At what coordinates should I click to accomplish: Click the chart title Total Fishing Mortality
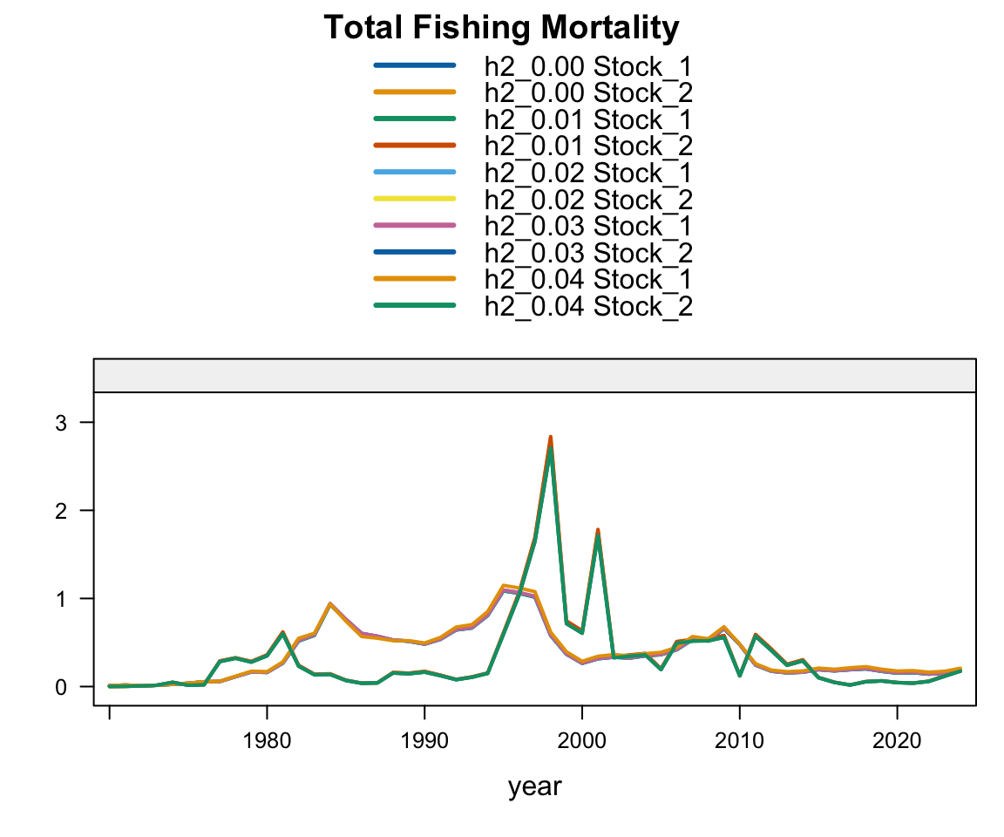pyautogui.click(x=501, y=28)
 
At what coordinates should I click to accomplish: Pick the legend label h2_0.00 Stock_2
pyautogui.click(x=588, y=92)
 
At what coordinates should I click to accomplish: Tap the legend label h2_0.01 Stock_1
pyautogui.click(x=588, y=119)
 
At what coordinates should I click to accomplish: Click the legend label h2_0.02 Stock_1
pyautogui.click(x=588, y=172)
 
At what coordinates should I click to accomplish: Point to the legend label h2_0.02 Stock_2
pyautogui.click(x=588, y=199)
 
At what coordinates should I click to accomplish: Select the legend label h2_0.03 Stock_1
pyautogui.click(x=588, y=226)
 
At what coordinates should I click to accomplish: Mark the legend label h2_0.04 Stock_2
pyautogui.click(x=588, y=306)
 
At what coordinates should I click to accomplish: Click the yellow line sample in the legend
pyautogui.click(x=414, y=199)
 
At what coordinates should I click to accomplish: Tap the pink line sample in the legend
pyautogui.click(x=414, y=226)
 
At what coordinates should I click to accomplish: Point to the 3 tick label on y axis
pyautogui.click(x=62, y=422)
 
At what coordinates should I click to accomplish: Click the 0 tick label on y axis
pyautogui.click(x=62, y=687)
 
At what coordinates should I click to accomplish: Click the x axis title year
pyautogui.click(x=535, y=787)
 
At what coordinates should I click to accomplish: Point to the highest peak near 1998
pyautogui.click(x=551, y=439)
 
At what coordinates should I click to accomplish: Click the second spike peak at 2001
pyautogui.click(x=598, y=531)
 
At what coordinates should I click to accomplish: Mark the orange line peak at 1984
pyautogui.click(x=330, y=603)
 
